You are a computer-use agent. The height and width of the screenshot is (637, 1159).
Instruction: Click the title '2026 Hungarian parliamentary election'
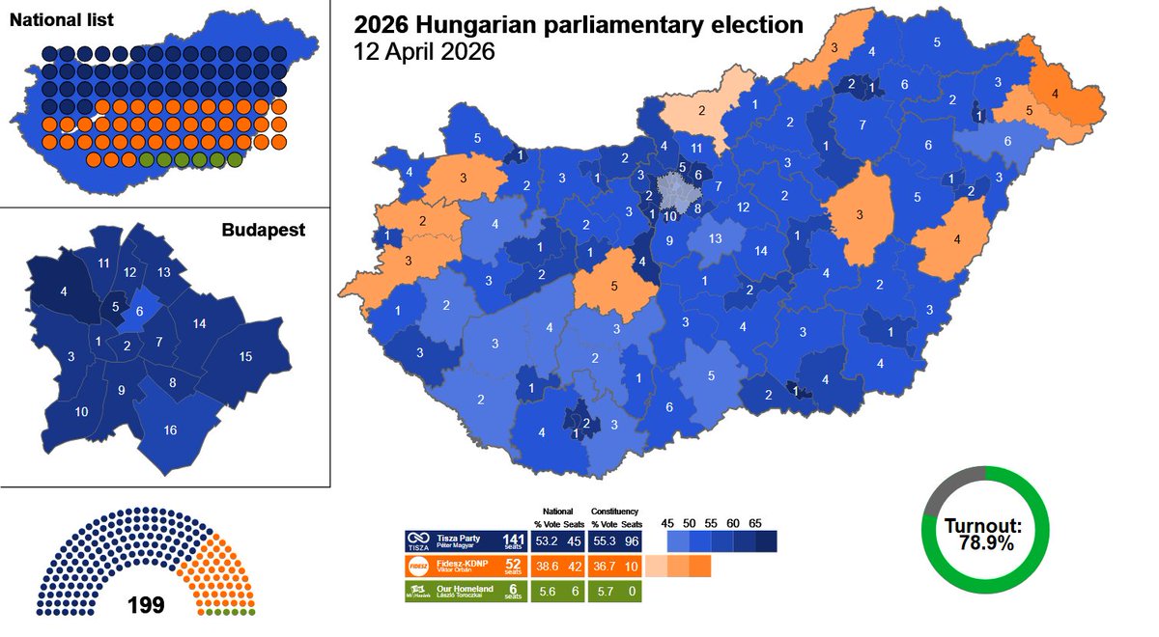578,24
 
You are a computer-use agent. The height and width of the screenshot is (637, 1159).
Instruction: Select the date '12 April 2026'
425,52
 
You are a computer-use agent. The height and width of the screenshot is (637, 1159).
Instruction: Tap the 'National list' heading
62,19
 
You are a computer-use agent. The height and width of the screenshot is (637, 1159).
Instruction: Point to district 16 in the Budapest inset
170,429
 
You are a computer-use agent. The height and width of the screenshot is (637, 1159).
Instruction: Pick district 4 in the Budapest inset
64,290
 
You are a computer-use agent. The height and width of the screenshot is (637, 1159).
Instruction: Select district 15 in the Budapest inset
246,357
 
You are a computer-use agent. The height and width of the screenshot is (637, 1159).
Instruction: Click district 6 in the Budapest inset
140,311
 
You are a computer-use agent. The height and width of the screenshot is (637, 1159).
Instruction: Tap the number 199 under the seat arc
145,606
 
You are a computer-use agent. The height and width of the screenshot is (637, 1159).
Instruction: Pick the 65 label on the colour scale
755,522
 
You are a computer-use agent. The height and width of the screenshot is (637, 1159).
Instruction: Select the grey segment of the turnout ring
951,479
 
